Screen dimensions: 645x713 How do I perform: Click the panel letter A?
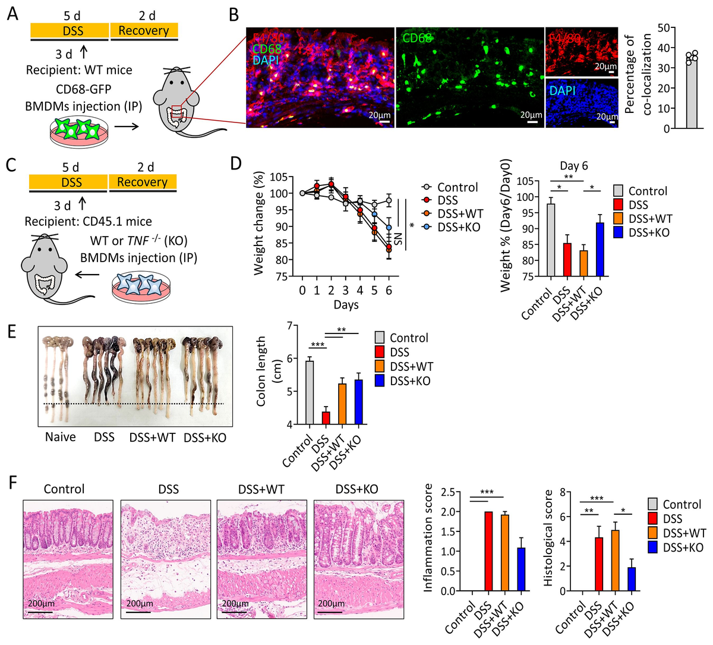point(12,13)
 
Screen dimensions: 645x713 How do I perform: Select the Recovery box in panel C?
point(143,181)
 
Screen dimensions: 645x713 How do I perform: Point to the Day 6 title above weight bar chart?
point(573,166)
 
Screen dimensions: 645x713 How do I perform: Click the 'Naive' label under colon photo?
point(61,438)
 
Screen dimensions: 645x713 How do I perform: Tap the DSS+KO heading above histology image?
point(356,489)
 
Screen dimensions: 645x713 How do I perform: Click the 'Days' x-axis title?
point(346,304)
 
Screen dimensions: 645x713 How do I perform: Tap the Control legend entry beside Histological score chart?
point(682,505)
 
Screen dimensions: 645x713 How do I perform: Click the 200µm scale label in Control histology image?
point(42,603)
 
